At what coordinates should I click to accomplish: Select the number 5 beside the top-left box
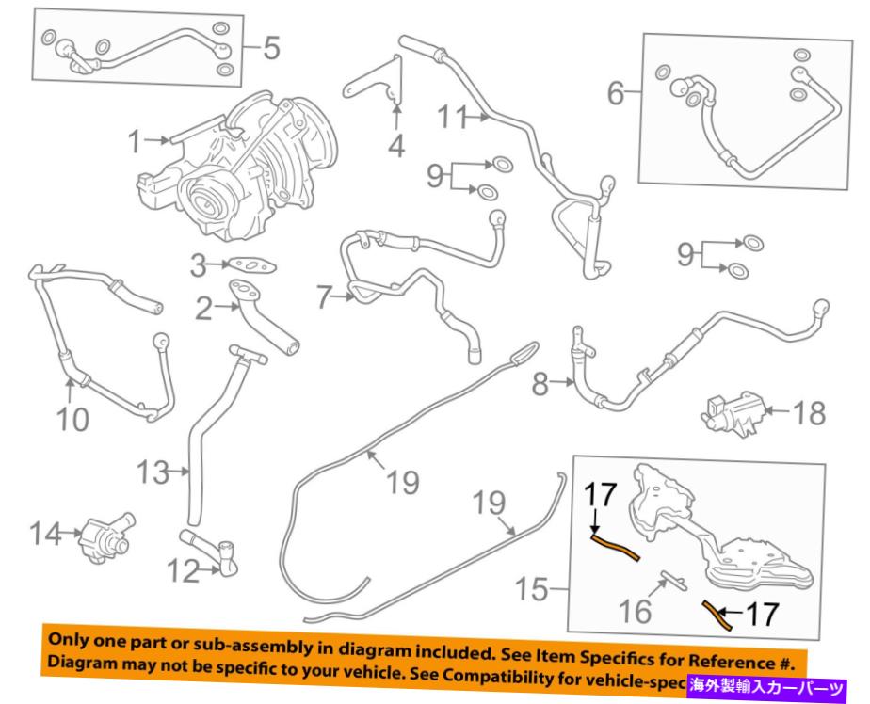[x=271, y=47]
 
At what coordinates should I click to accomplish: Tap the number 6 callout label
[x=616, y=92]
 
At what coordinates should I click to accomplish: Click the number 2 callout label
[x=203, y=309]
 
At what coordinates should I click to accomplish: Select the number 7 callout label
[x=325, y=299]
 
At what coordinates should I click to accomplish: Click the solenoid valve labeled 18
[x=731, y=413]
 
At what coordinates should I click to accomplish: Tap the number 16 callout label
[x=636, y=613]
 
